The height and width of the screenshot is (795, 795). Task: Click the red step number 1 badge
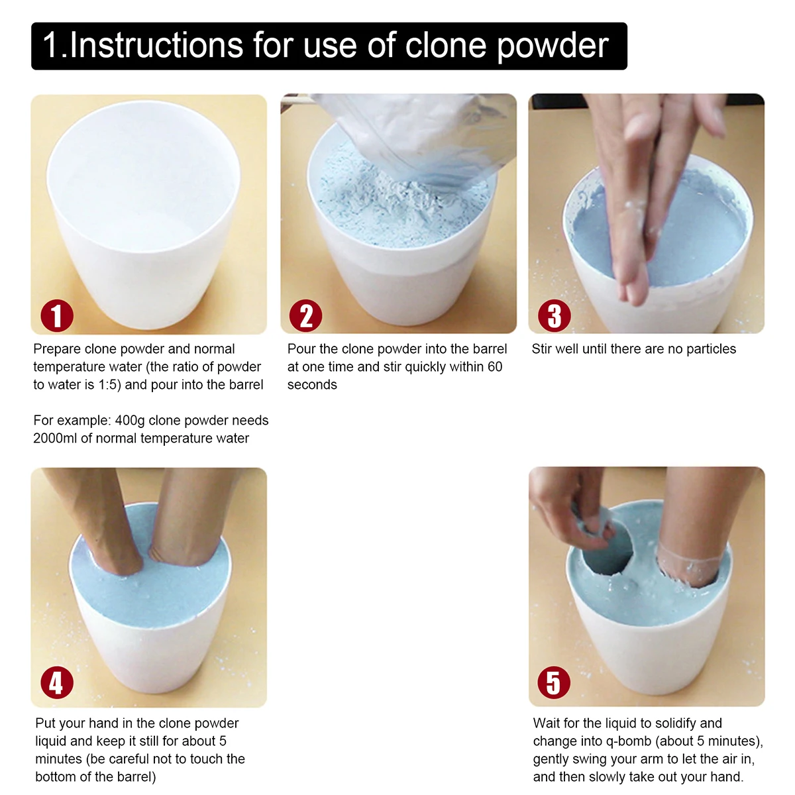click(57, 315)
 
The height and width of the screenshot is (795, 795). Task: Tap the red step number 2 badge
click(305, 315)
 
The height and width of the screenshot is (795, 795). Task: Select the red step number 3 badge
click(554, 315)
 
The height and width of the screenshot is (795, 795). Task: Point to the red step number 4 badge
click(57, 682)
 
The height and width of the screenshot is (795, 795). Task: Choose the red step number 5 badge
click(554, 682)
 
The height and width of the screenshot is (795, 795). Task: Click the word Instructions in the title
click(156, 45)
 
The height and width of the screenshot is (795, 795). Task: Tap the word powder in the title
click(553, 46)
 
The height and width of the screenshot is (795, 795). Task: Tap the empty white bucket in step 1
click(144, 215)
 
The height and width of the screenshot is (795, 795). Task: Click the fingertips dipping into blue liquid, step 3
click(631, 280)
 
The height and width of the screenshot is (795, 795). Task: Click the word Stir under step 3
click(542, 349)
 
